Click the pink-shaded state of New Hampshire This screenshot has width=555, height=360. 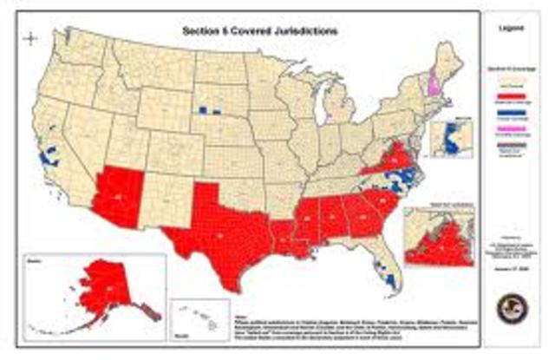point(433,86)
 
